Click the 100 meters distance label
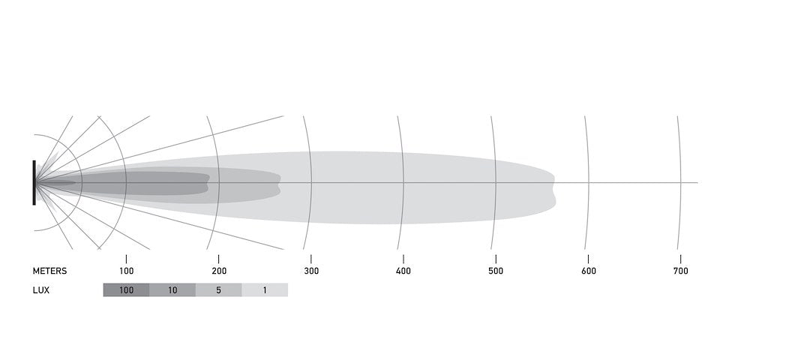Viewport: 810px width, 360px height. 127,271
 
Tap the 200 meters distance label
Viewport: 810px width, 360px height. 219,271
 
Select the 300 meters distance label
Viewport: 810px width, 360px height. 311,271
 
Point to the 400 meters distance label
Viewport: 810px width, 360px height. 403,271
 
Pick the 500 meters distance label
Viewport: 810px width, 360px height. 496,271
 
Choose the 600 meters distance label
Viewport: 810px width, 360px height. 589,271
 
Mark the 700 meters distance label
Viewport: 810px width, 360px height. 681,271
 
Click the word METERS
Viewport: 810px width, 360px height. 49,271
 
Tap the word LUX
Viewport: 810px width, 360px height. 41,290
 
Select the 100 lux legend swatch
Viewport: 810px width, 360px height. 127,289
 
